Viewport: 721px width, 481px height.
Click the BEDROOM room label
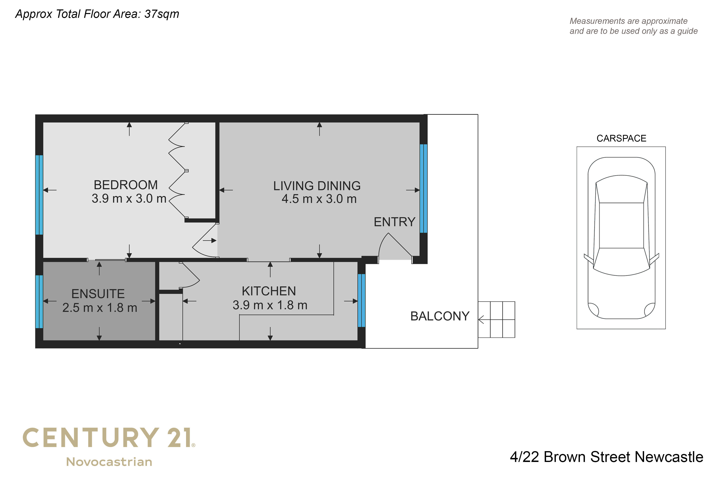tap(126, 185)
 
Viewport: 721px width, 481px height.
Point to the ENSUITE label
tap(98, 294)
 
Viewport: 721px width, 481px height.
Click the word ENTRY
tap(395, 222)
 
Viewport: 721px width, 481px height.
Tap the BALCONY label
tap(440, 316)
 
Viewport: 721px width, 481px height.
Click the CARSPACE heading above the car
tap(621, 138)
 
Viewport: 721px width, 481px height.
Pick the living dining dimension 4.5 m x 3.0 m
tap(319, 199)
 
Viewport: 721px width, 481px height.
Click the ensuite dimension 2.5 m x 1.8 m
tap(100, 308)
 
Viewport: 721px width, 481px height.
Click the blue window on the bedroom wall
tap(39, 195)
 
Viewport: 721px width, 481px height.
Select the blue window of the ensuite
tap(39, 302)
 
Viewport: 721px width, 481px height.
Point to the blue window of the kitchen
tap(362, 300)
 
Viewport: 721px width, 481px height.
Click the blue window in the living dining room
tap(423, 189)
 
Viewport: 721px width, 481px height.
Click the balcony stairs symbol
tap(496, 320)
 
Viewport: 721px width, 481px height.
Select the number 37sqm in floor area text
tap(162, 14)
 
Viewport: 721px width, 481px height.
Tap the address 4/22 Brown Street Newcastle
tap(607, 457)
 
